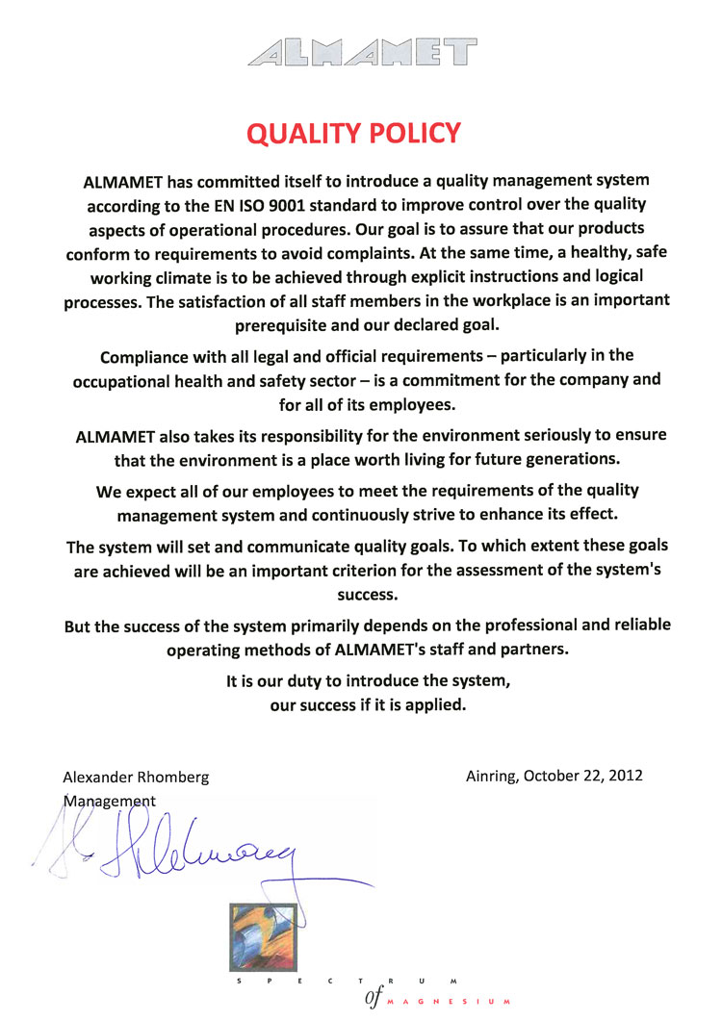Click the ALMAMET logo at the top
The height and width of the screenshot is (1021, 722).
point(362,52)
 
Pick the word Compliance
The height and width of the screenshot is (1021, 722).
point(145,355)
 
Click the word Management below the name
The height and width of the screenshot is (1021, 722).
point(108,800)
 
